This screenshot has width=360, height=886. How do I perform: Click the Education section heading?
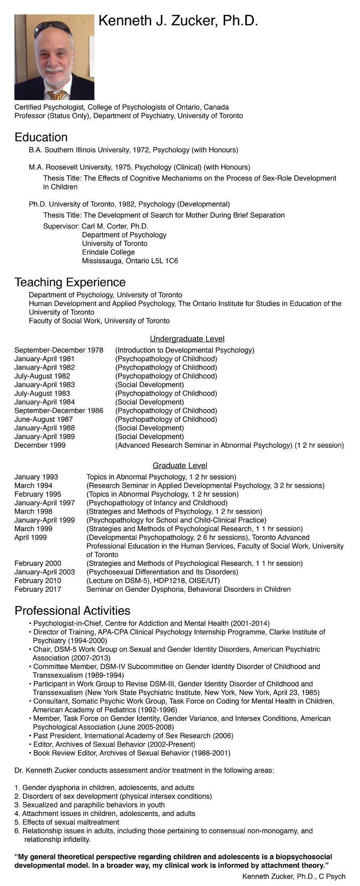pyautogui.click(x=41, y=137)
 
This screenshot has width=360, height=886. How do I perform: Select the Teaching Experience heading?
pyautogui.click(x=70, y=282)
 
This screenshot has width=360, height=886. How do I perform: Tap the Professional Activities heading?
pyautogui.click(x=72, y=610)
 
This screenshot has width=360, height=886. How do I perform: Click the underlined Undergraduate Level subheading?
pyautogui.click(x=187, y=339)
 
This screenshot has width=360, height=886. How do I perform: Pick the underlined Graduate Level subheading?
pyautogui.click(x=180, y=465)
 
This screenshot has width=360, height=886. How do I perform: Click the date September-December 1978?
pyautogui.click(x=59, y=350)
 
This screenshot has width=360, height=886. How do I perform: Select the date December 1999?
pyautogui.click(x=40, y=445)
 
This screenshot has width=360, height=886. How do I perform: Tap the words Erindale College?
pyautogui.click(x=108, y=252)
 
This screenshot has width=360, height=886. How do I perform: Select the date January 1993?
pyautogui.click(x=36, y=477)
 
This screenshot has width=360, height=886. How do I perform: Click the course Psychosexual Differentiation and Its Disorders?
pyautogui.click(x=162, y=572)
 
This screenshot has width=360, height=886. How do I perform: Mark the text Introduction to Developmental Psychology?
pyautogui.click(x=185, y=350)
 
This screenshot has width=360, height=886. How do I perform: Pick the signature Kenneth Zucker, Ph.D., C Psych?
pyautogui.click(x=294, y=876)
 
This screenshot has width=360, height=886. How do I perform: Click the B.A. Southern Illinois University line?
pyautogui.click(x=133, y=150)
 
